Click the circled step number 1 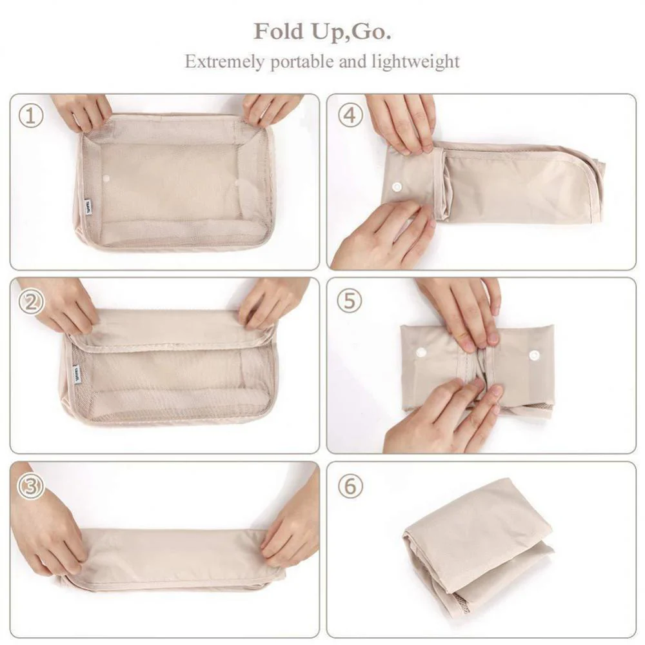pyautogui.click(x=30, y=117)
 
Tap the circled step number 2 pyautogui.click(x=30, y=302)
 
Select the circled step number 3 pyautogui.click(x=30, y=486)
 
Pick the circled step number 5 pyautogui.click(x=350, y=301)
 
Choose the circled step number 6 pyautogui.click(x=350, y=486)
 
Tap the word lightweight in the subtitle pyautogui.click(x=415, y=62)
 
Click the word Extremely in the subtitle pyautogui.click(x=223, y=62)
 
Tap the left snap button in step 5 pyautogui.click(x=421, y=352)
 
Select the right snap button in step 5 pyautogui.click(x=534, y=355)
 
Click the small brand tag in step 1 pyautogui.click(x=89, y=205)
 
